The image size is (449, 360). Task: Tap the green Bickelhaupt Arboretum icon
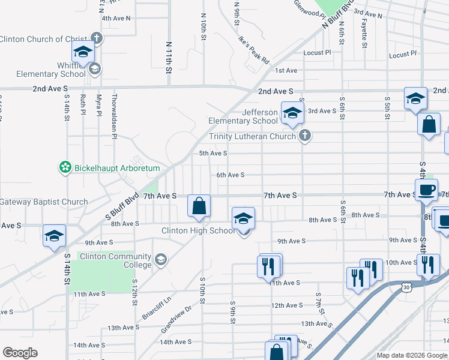pyautogui.click(x=65, y=168)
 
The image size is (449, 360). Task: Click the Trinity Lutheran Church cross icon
pyautogui.click(x=305, y=136)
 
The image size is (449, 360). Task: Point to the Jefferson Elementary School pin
pyautogui.click(x=292, y=114)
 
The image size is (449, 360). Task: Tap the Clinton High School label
pyautogui.click(x=198, y=230)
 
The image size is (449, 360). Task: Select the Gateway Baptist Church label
pyautogui.click(x=43, y=202)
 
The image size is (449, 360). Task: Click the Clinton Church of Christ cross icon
pyautogui.click(x=97, y=39)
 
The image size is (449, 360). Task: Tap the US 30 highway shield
pyautogui.click(x=408, y=288)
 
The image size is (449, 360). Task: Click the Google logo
pyautogui.click(x=20, y=353)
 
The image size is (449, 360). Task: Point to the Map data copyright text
pyautogui.click(x=412, y=355)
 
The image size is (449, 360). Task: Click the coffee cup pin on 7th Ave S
pyautogui.click(x=426, y=190)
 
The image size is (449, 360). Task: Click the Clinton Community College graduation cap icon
pyautogui.click(x=160, y=260)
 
